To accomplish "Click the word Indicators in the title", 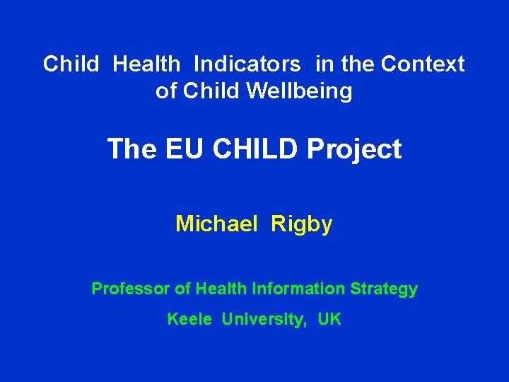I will tap(247, 64).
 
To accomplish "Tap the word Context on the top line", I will tap(423, 64).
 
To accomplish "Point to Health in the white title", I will tap(146, 64).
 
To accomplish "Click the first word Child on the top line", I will tap(71, 64).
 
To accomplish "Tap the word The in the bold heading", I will tap(132, 149).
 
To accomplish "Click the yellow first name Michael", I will tap(216, 224).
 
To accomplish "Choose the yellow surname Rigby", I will tap(301, 225).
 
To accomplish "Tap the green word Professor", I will tap(131, 289).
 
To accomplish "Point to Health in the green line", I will tap(221, 289).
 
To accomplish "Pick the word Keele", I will tap(189, 319).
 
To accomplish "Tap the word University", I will tap(264, 320).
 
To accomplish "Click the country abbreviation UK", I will tap(329, 319).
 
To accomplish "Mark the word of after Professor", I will tap(182, 289).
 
